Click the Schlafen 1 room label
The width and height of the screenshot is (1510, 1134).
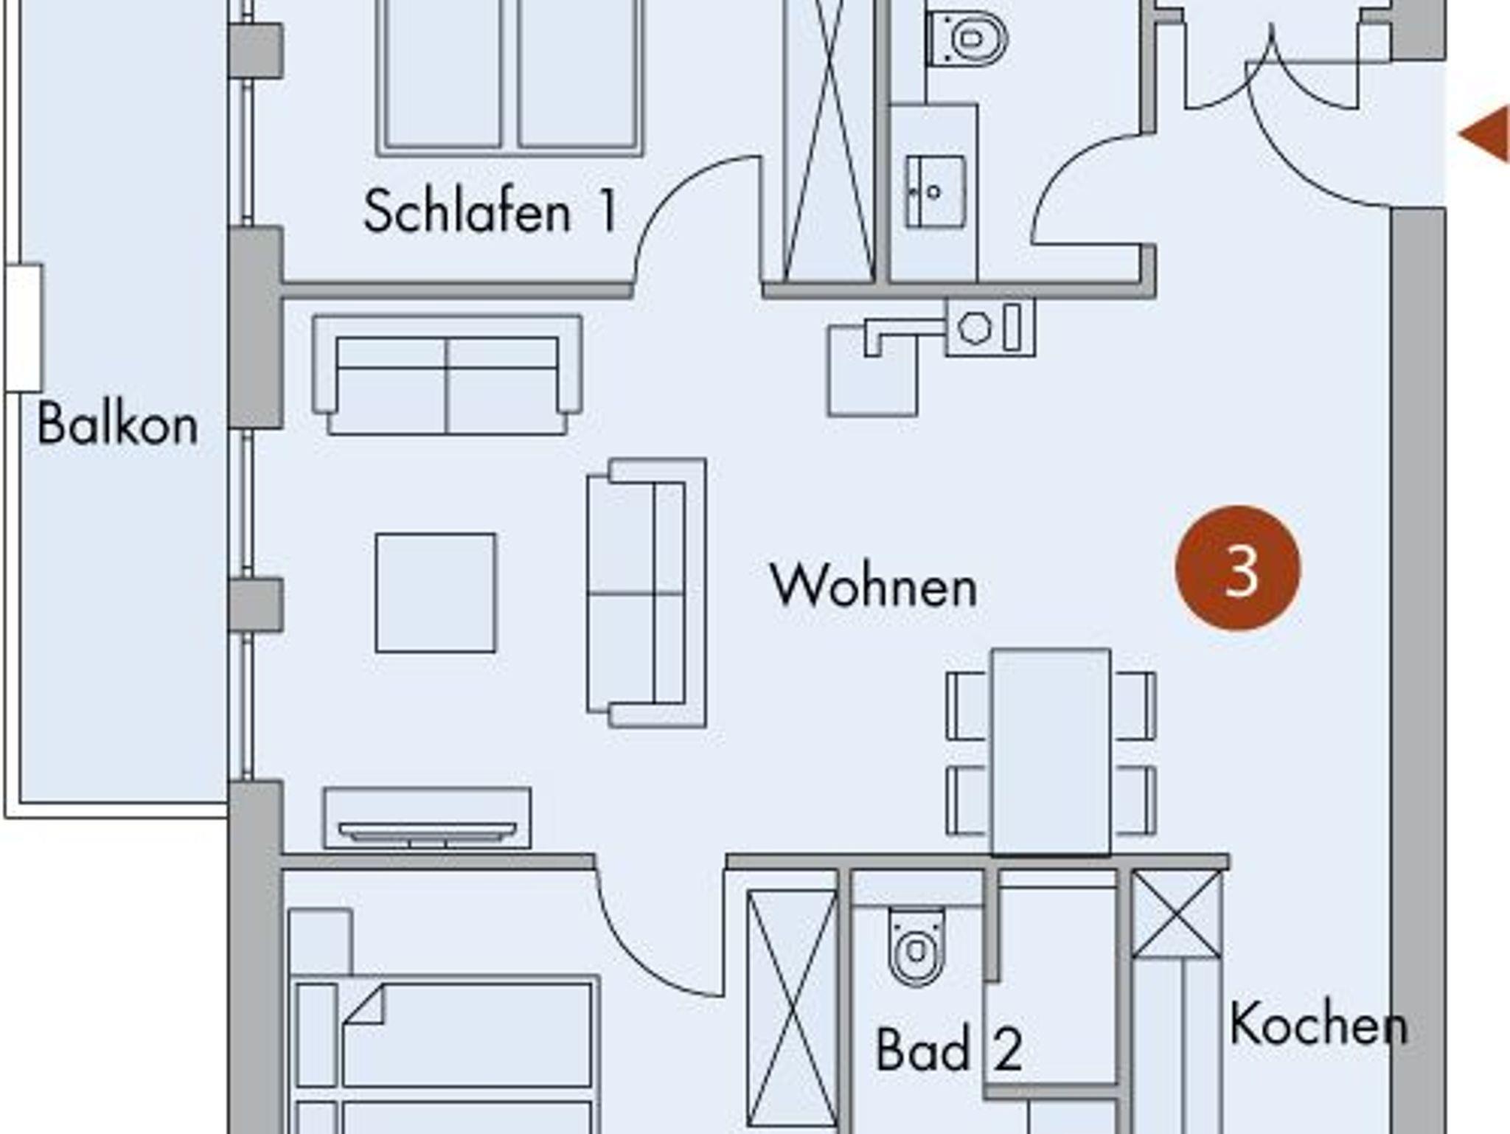491,212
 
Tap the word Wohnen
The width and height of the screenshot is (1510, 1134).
874,586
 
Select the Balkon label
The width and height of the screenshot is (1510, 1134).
118,425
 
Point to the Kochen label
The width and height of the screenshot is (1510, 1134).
1318,1025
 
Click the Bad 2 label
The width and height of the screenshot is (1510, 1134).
950,1050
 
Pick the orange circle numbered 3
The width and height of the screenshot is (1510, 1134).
1238,568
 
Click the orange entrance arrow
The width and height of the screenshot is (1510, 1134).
1485,134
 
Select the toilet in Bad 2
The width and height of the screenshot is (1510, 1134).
916,947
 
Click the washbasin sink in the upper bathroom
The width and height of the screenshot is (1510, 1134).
935,191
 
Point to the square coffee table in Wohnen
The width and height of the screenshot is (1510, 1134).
436,593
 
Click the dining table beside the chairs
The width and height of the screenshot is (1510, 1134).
1051,752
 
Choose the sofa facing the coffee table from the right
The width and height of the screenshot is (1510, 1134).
647,593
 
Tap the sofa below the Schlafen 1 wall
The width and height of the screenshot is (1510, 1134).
447,375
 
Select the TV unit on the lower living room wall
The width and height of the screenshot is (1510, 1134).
427,818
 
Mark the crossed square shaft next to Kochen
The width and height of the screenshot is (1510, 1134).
1177,914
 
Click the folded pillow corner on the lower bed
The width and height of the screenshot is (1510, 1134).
363,1003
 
